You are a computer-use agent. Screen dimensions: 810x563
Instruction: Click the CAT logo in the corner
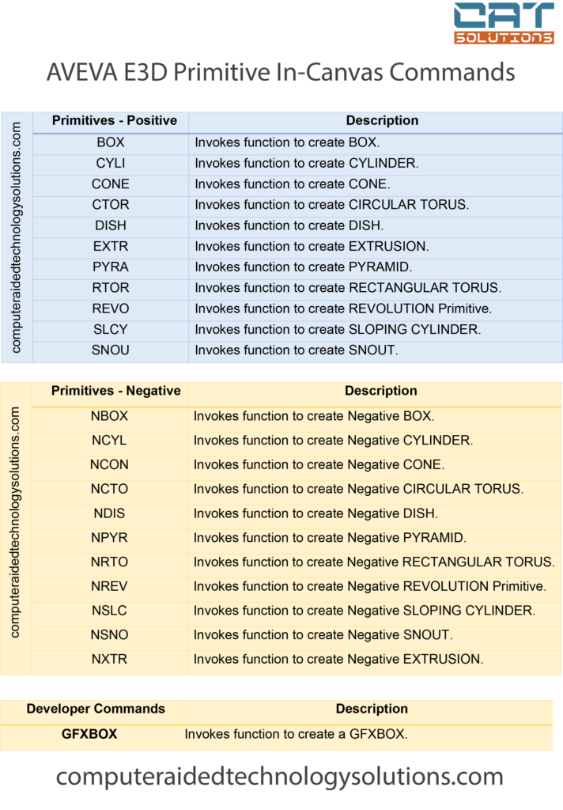pos(504,23)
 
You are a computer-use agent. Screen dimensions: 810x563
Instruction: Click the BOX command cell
pos(111,142)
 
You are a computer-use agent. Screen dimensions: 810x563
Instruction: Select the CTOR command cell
pos(111,204)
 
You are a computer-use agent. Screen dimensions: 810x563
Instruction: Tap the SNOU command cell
pos(111,350)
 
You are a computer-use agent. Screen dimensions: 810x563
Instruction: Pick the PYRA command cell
pos(111,267)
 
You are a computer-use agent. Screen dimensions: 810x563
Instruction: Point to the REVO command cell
pos(111,308)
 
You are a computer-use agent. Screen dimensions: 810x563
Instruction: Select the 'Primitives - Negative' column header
pos(115,391)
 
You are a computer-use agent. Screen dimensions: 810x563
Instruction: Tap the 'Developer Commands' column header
pos(96,709)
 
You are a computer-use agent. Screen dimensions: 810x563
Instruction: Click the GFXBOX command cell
pos(89,734)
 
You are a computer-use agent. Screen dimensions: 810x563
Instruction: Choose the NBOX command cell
pos(109,416)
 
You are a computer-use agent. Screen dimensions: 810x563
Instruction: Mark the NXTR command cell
pos(109,659)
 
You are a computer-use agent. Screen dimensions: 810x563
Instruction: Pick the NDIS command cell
pos(109,513)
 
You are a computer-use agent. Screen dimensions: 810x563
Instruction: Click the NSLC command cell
pos(109,611)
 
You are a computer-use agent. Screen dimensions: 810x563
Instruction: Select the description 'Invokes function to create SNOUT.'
pos(297,350)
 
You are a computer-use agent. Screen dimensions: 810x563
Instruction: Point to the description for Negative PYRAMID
pos(330,538)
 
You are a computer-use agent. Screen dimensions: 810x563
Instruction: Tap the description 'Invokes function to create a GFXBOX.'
pos(296,734)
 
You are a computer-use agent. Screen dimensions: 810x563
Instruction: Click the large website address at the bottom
pos(280,777)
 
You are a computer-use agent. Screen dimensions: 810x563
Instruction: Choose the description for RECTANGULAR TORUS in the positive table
pos(348,288)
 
